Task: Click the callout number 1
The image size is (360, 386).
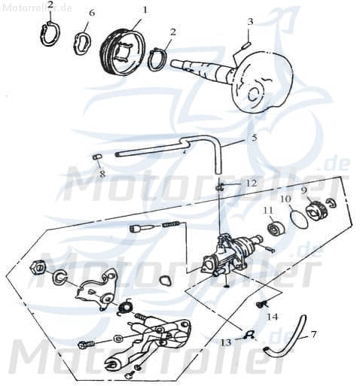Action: [x=145, y=10]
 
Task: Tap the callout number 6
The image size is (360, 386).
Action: [x=92, y=14]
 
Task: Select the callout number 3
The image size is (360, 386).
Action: [x=249, y=21]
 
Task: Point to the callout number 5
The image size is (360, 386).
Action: [x=254, y=138]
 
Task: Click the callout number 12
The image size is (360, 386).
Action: [x=252, y=183]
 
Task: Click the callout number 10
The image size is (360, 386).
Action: [x=285, y=199]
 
